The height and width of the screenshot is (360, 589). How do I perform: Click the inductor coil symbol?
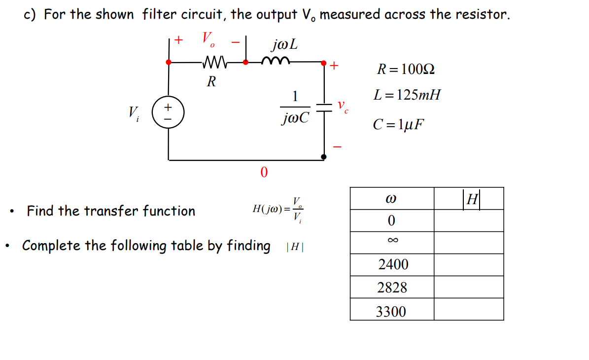275,61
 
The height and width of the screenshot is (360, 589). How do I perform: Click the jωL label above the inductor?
284,45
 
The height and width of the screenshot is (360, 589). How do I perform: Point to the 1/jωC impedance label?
295,108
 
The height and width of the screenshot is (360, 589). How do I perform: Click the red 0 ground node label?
264,173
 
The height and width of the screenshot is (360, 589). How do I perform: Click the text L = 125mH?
407,95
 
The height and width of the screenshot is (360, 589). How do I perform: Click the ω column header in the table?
392,198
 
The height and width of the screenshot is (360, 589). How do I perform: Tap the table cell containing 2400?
393,265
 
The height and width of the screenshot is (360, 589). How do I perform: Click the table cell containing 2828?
392,288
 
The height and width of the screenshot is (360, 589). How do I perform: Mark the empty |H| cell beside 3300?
468,310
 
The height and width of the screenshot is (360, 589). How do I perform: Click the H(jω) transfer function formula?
279,209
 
